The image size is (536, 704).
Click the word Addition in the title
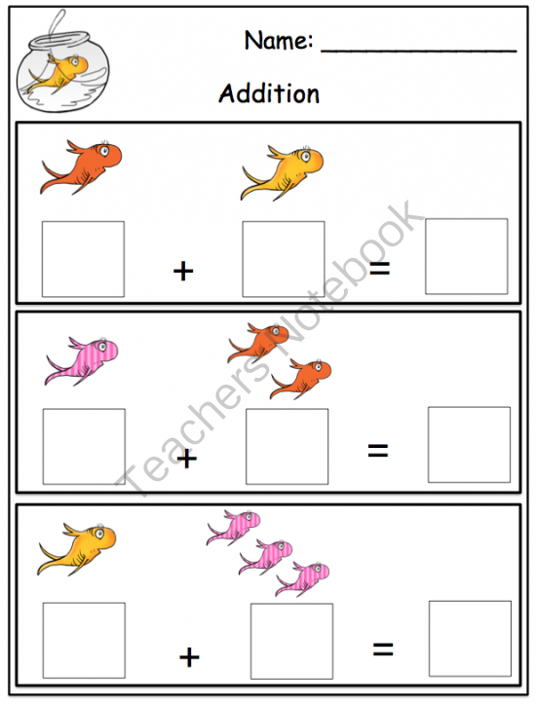pos(269,93)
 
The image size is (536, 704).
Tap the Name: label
pos(278,41)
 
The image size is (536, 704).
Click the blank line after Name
pos(418,49)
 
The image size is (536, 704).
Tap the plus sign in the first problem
pos(182,271)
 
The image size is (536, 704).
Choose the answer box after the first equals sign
pos(466,256)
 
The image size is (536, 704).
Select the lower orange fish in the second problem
pos(300,378)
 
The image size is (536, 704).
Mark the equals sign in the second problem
pos(378,450)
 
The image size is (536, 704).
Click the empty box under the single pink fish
pos(84,447)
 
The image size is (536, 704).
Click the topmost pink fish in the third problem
pos(233,527)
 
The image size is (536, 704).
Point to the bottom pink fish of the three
pos(302,577)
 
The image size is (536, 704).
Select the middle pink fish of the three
pos(267,555)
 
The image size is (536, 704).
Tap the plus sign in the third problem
pos(189,657)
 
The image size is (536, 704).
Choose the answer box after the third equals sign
pos(470,639)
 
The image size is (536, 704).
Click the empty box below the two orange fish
pos(287,447)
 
